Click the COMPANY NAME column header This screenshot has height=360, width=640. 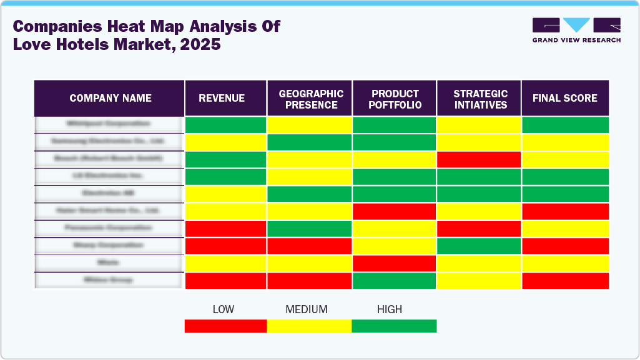(x=110, y=98)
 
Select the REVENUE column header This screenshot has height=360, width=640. (x=222, y=98)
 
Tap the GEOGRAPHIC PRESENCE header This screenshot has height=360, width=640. (x=310, y=99)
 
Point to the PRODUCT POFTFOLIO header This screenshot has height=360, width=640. (x=395, y=99)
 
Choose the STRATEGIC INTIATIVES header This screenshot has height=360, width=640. (x=480, y=99)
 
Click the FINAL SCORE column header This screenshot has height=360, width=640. (x=564, y=98)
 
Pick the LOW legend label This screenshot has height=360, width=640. (x=223, y=309)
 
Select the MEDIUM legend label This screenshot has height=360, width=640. (x=306, y=309)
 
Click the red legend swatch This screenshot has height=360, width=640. (x=225, y=326)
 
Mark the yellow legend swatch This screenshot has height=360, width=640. (x=309, y=326)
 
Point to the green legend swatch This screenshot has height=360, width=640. (x=394, y=326)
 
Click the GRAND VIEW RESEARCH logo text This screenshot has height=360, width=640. (x=576, y=40)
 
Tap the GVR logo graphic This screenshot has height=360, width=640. (x=576, y=25)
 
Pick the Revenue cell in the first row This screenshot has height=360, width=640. (x=225, y=124)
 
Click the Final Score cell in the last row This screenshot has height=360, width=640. (x=565, y=281)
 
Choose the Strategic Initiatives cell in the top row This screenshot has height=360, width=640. (x=479, y=124)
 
